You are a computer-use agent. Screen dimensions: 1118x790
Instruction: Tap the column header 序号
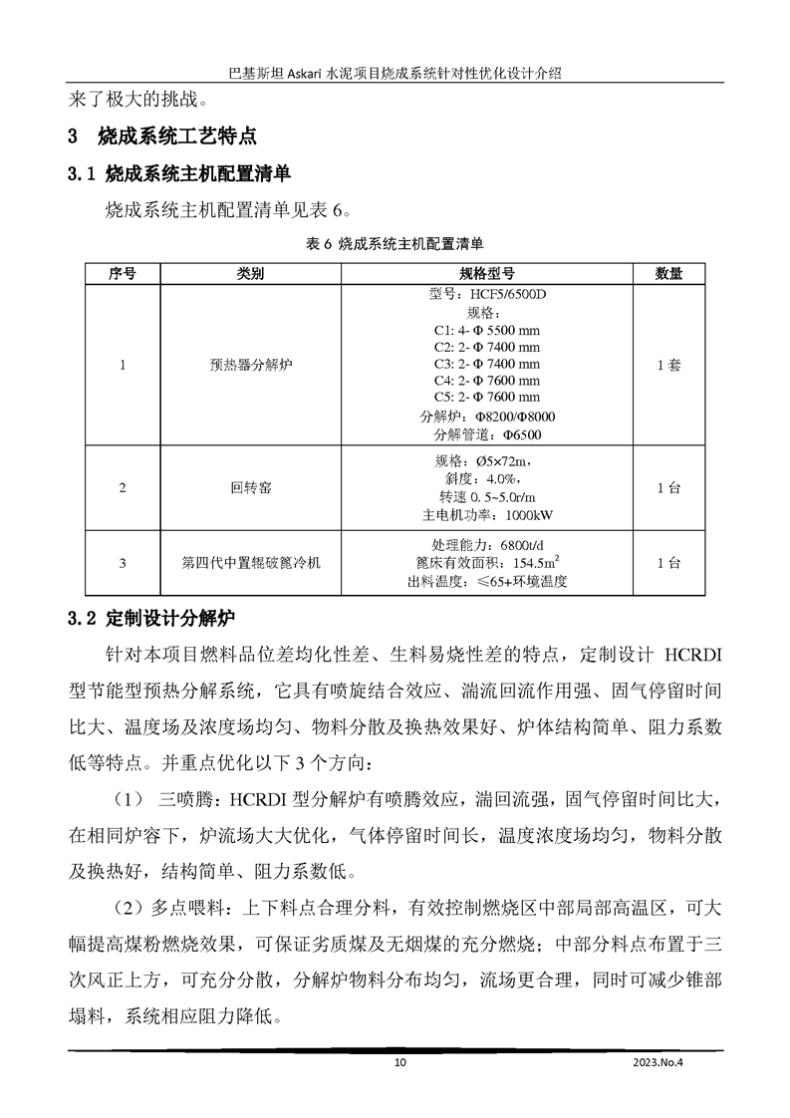(122, 273)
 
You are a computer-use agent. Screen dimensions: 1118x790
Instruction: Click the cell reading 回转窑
(245, 488)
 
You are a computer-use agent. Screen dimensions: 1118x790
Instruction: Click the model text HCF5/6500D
(504, 295)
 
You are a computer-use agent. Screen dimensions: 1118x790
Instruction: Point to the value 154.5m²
(530, 563)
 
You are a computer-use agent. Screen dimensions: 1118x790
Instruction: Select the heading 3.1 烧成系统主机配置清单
(178, 174)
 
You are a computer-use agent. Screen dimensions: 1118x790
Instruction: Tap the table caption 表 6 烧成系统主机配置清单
(395, 242)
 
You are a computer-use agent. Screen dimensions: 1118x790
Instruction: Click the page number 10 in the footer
(400, 1063)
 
